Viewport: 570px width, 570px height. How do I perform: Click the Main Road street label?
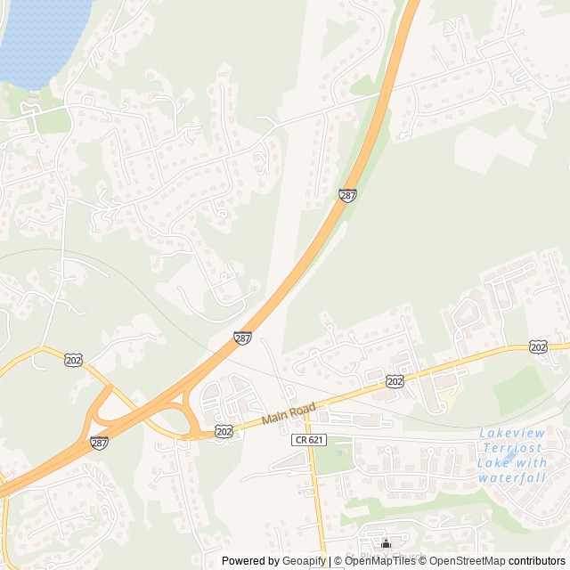(289, 414)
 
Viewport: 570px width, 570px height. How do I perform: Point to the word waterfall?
(510, 478)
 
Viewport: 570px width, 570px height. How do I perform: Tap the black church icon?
(386, 543)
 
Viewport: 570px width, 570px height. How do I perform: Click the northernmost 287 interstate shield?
(348, 195)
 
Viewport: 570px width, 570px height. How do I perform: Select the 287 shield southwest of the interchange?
(99, 443)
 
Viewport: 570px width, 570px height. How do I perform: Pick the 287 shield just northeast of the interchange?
(242, 338)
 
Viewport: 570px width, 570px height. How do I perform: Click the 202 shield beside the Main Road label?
(224, 431)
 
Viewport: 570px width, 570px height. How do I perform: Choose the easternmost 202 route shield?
(538, 346)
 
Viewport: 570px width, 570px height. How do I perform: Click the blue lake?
(40, 36)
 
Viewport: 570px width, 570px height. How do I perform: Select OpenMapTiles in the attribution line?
(378, 561)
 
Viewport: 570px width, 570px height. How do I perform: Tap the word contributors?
(537, 561)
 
